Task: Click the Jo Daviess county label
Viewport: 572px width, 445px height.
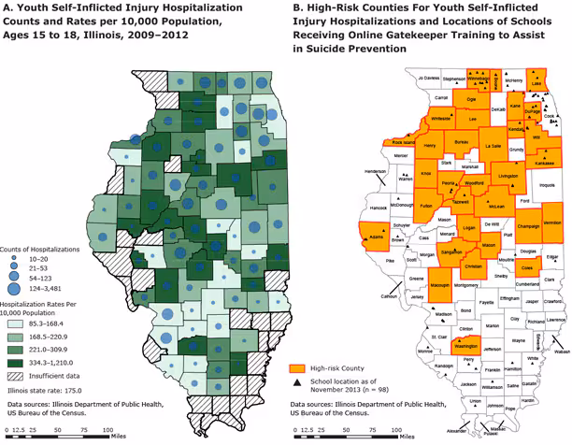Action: (x=429, y=78)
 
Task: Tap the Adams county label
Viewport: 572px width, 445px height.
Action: (x=377, y=238)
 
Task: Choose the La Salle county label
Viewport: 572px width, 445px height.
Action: (x=494, y=147)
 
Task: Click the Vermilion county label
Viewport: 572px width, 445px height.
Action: (x=551, y=222)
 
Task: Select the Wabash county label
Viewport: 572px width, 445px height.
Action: (x=561, y=352)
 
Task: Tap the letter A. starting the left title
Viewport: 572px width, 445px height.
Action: (x=10, y=9)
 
